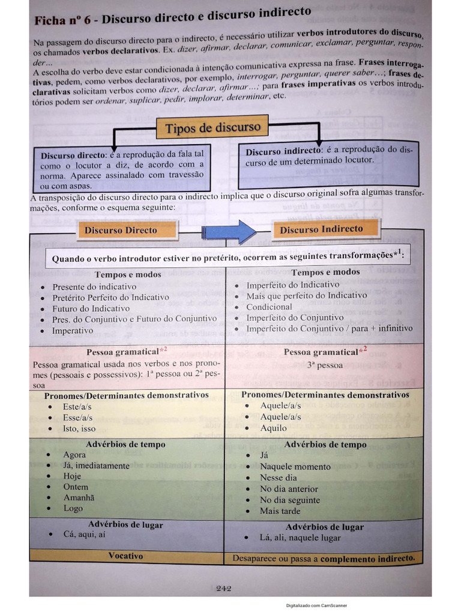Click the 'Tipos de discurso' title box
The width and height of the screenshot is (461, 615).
click(x=212, y=127)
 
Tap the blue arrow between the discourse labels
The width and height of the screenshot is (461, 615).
click(x=229, y=231)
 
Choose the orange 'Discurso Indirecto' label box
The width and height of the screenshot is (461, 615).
click(x=322, y=229)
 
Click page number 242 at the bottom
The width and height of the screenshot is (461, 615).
click(x=224, y=589)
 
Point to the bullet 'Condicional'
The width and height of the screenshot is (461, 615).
click(x=269, y=307)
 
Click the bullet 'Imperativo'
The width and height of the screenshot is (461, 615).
click(x=73, y=330)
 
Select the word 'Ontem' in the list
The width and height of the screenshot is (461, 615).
click(x=76, y=487)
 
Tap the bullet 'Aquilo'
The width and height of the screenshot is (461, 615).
click(x=273, y=428)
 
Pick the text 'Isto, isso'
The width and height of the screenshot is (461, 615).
click(x=79, y=428)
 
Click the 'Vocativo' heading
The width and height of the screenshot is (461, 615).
click(x=125, y=556)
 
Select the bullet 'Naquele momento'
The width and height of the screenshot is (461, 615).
click(x=295, y=467)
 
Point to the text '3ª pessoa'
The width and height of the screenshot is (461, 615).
click(x=325, y=365)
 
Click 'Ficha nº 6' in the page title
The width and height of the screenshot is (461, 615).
click(x=62, y=20)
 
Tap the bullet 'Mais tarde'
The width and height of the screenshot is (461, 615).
click(x=280, y=511)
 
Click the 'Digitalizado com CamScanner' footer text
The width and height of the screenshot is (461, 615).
click(x=316, y=605)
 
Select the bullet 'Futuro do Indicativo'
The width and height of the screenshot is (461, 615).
click(x=91, y=308)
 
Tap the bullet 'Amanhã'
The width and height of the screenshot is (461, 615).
click(x=79, y=498)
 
